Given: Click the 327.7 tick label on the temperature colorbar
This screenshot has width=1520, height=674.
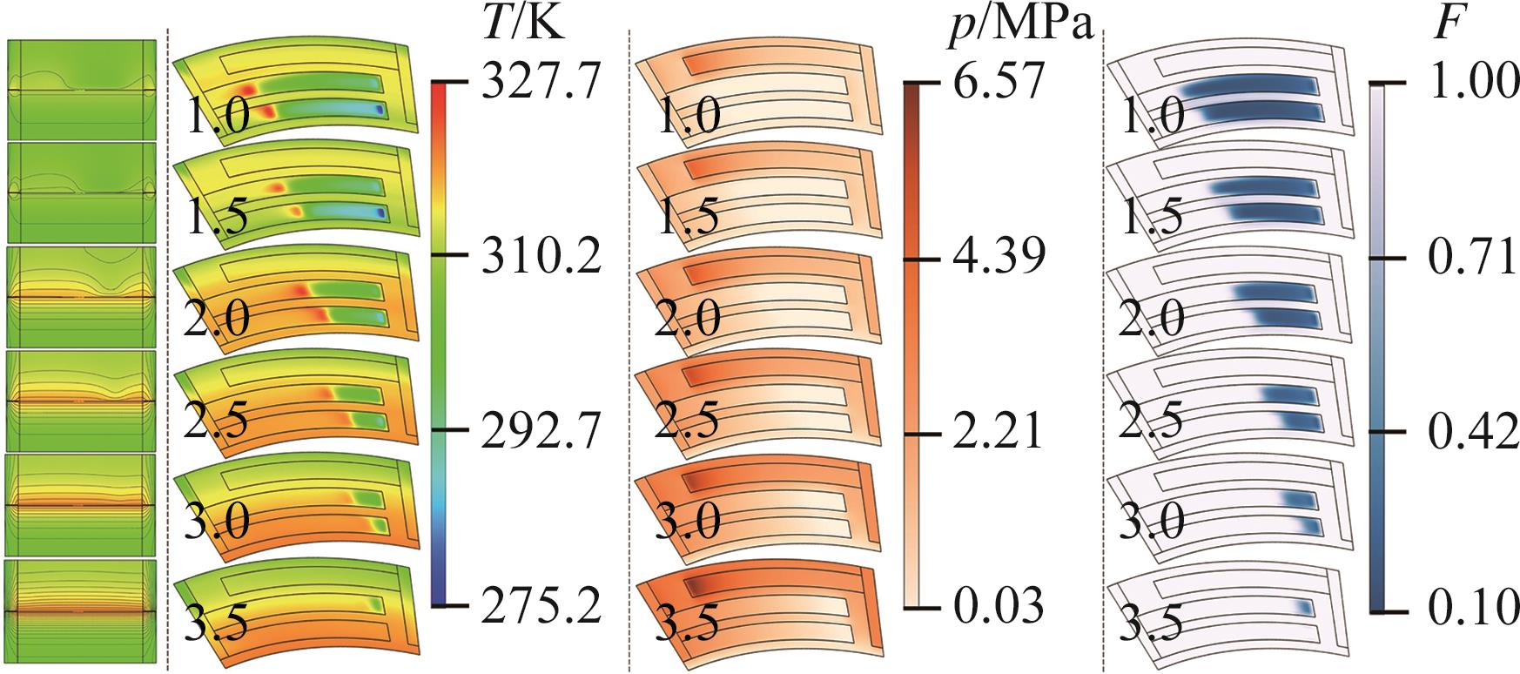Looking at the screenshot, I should tap(541, 84).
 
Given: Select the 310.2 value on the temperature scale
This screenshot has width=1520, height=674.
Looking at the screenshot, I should tap(541, 259).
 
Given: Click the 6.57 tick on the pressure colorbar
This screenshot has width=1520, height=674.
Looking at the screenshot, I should tap(997, 84).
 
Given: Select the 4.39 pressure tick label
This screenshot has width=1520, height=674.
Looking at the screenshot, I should tap(997, 259).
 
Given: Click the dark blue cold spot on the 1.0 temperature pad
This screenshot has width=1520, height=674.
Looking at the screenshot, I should tap(379, 110).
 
